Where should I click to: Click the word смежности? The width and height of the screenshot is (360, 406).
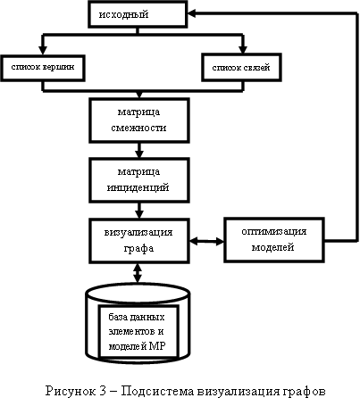click(138, 128)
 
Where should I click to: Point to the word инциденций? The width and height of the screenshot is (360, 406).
click(138, 187)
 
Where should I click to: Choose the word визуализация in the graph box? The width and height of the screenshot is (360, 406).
click(138, 232)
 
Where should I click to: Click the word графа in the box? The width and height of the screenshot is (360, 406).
click(138, 248)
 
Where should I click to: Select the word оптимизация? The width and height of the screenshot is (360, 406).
click(274, 231)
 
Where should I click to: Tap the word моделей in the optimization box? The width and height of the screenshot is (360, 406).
click(273, 247)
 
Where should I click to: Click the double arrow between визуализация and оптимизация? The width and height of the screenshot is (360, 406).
click(206, 241)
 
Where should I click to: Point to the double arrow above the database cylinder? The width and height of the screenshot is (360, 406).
click(138, 273)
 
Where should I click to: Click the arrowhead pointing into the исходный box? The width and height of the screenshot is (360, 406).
click(192, 13)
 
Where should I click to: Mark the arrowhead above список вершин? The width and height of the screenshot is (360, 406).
click(43, 50)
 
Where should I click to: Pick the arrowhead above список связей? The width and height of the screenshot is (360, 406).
click(243, 50)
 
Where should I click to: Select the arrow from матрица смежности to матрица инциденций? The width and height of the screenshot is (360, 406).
click(139, 150)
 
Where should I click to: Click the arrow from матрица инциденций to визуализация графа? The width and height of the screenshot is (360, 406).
click(139, 211)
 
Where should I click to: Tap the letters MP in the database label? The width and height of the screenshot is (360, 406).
click(157, 346)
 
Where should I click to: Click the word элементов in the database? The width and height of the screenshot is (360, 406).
click(131, 331)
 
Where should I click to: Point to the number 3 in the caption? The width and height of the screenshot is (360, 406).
click(103, 391)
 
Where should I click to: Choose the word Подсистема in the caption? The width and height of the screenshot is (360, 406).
click(157, 391)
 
